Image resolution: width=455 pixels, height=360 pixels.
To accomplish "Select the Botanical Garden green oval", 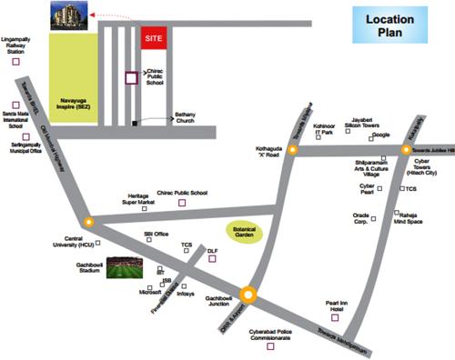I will coord(243,230).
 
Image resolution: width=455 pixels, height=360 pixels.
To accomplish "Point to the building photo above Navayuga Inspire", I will coord(70,17).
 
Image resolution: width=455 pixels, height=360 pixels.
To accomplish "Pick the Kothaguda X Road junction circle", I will coord(293,150).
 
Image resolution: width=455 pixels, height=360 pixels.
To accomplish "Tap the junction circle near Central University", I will coord(88,221).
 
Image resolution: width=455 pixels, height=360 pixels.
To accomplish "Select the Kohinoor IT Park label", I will coord(326,130).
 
